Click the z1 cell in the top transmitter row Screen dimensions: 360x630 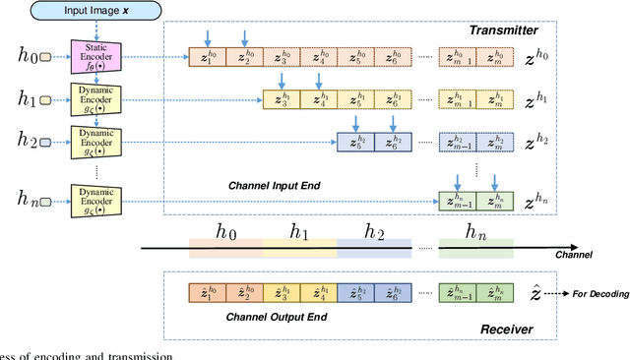point(207,59)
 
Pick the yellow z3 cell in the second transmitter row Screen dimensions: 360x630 point(281,99)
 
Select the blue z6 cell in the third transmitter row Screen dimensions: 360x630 point(393,142)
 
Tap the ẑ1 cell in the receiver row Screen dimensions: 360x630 point(207,293)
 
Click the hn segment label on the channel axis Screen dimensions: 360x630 point(476,234)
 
